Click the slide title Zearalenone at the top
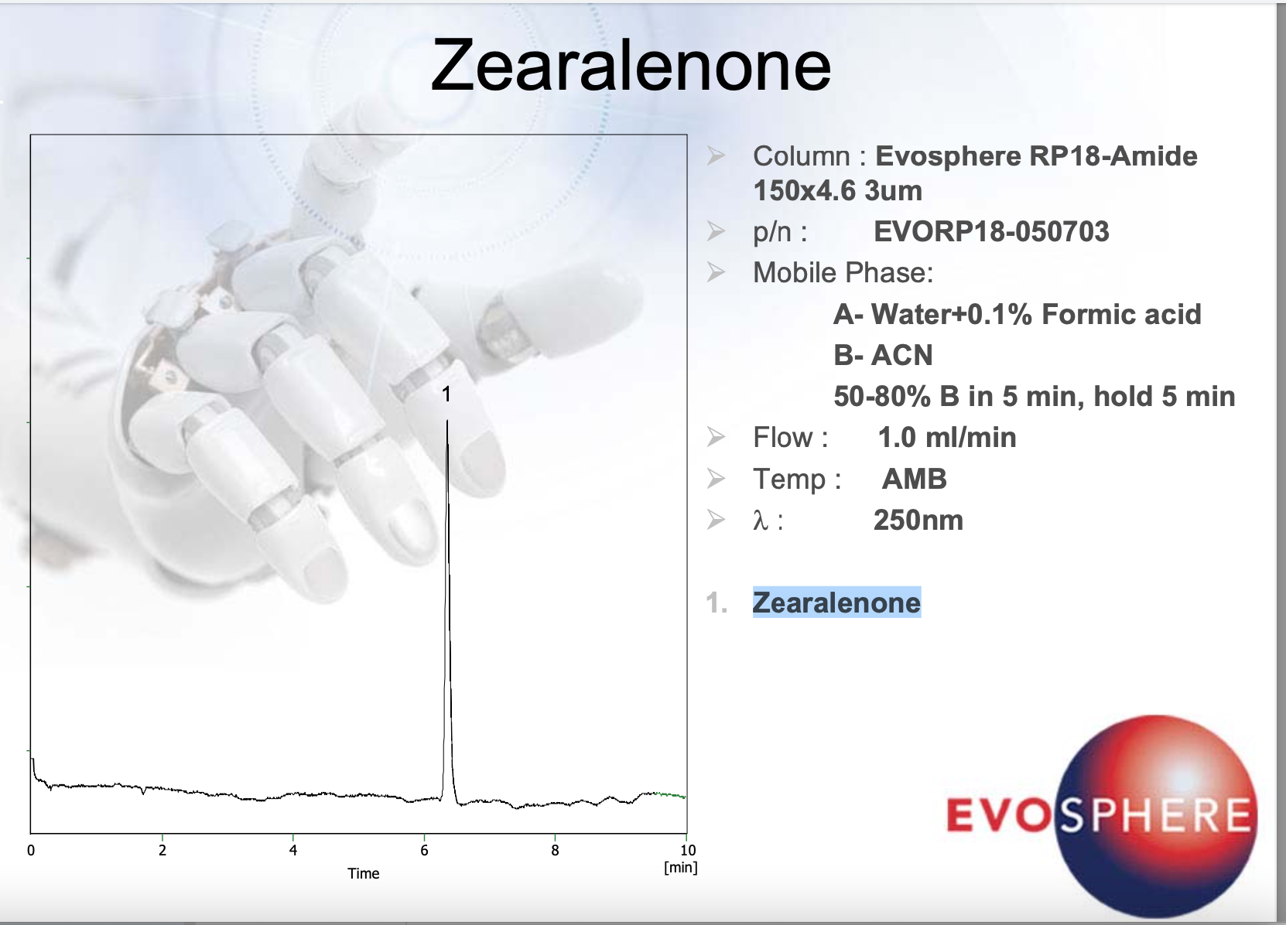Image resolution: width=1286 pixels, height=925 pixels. [x=631, y=64]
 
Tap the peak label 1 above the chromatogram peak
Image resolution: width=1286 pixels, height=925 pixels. [x=446, y=394]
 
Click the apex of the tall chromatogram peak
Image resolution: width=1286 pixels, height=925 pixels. [x=447, y=421]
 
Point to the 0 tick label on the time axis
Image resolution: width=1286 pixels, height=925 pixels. [x=31, y=851]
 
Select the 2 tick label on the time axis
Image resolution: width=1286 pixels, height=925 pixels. [x=162, y=851]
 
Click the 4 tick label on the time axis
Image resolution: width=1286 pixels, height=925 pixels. [x=293, y=851]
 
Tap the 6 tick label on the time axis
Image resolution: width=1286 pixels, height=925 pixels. [x=424, y=851]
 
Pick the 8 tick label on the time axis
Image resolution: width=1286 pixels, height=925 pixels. [x=555, y=851]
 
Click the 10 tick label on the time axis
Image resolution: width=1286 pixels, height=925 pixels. [x=688, y=851]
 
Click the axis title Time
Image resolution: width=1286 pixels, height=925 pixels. [x=364, y=873]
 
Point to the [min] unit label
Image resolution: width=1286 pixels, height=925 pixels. [x=681, y=867]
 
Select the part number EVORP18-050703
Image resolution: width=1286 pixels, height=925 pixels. [x=991, y=232]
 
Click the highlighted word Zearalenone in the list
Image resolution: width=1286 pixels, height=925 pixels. [x=836, y=602]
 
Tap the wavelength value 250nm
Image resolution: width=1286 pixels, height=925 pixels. [x=918, y=521]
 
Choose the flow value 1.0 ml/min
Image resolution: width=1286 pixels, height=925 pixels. [x=947, y=437]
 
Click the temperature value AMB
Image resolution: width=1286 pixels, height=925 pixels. [x=915, y=479]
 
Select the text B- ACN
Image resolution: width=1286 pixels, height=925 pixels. [x=883, y=355]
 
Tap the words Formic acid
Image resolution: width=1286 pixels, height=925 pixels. [x=1121, y=315]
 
